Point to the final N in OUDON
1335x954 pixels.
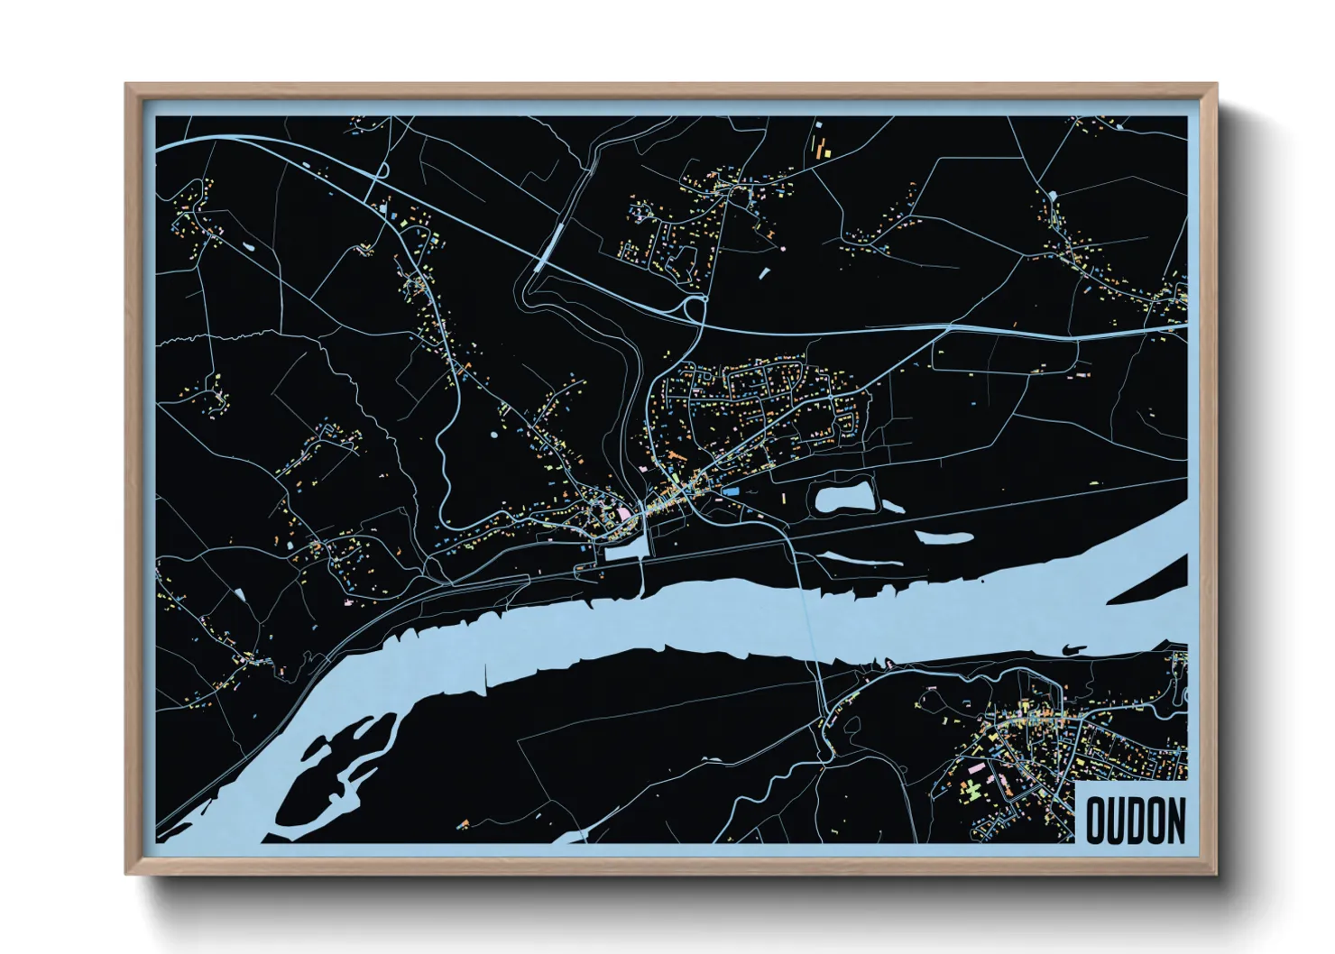point(1175,820)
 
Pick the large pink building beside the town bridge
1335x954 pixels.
point(624,514)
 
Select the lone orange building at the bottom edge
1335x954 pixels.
point(465,822)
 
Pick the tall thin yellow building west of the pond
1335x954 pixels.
point(783,499)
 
